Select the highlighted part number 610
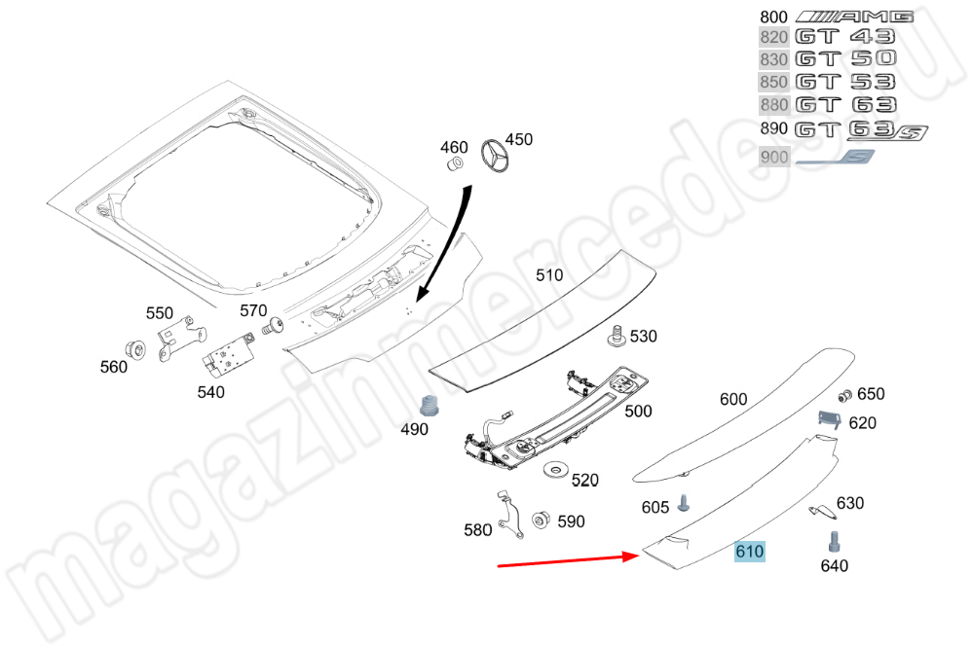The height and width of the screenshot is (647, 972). (750, 551)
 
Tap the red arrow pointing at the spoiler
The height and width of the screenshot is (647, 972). (569, 559)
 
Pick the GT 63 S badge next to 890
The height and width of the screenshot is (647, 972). (861, 130)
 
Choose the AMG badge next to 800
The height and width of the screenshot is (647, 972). (854, 17)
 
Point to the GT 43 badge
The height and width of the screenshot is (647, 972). (845, 37)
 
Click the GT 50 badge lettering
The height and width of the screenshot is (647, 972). (845, 58)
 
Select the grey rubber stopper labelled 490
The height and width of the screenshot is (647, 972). (429, 406)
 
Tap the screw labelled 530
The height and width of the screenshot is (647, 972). (616, 336)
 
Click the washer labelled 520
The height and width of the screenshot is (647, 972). (555, 471)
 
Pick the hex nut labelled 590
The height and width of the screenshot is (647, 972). (541, 520)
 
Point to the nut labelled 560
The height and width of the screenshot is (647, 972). (135, 350)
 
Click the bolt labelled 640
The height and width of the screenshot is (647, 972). (834, 542)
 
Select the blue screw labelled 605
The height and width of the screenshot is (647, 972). (683, 502)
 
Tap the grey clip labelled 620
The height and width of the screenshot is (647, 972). (830, 419)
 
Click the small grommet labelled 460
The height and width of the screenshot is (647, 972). (456, 164)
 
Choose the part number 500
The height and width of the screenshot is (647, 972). (638, 412)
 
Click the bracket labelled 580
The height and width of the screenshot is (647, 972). (510, 515)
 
